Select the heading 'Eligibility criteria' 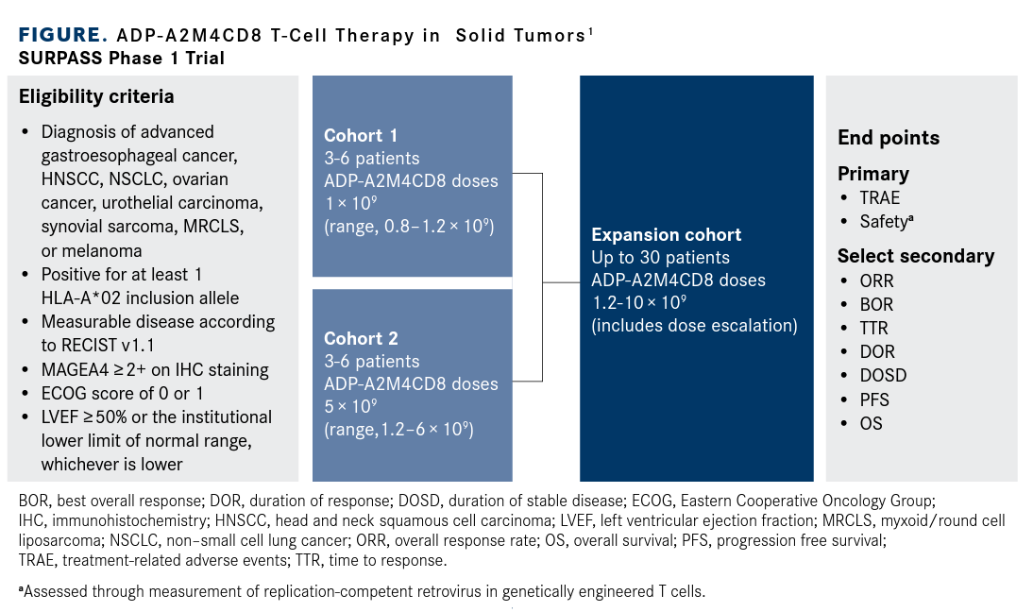96,96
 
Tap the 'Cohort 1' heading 361,135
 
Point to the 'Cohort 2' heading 361,338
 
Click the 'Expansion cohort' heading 666,234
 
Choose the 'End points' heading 889,138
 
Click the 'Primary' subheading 873,174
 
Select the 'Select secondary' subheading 916,256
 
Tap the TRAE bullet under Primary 879,197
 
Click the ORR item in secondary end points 876,280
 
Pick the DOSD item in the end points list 883,375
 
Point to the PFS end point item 874,399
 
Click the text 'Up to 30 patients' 660,257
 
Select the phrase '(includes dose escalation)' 694,327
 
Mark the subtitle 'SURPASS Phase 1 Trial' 121,58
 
